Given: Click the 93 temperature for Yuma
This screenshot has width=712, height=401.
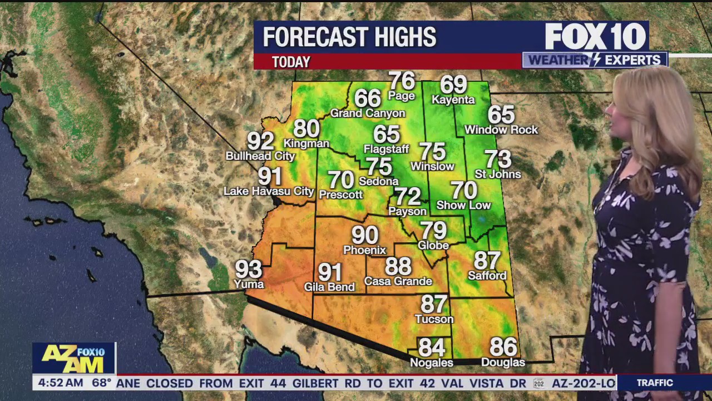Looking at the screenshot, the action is pos(249,270).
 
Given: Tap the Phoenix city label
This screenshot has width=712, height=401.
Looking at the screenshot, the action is pos(364,250).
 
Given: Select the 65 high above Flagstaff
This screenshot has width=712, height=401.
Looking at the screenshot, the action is pos(387,134).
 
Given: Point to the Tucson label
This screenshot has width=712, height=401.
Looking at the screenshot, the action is pos(434,319).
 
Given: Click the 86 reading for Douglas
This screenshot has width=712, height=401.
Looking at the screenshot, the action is pos(503,347).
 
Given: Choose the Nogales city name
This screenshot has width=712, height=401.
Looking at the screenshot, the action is pos(431,363).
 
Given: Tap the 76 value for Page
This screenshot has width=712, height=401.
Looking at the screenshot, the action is pos(402,81).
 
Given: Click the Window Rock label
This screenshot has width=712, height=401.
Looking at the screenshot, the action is pos(501,130).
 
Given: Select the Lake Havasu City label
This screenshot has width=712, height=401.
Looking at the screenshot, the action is pos(269,192).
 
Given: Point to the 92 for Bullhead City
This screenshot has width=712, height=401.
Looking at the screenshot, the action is pos(260,141).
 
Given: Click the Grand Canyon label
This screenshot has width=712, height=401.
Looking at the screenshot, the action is pos(368,114).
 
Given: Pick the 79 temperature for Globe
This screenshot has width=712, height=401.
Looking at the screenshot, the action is pos(433,230).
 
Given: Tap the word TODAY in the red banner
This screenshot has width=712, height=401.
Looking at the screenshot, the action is pos(291,62).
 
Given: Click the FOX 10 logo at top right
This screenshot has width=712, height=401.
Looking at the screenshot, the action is pos(595,37).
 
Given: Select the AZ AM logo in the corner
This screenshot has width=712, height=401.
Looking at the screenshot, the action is pos(73,358).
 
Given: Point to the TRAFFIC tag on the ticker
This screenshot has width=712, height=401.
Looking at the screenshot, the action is pos(655,383).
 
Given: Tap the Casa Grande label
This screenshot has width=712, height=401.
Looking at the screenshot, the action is pos(398,281).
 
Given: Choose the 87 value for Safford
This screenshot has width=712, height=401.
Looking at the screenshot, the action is pos(487,260).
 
